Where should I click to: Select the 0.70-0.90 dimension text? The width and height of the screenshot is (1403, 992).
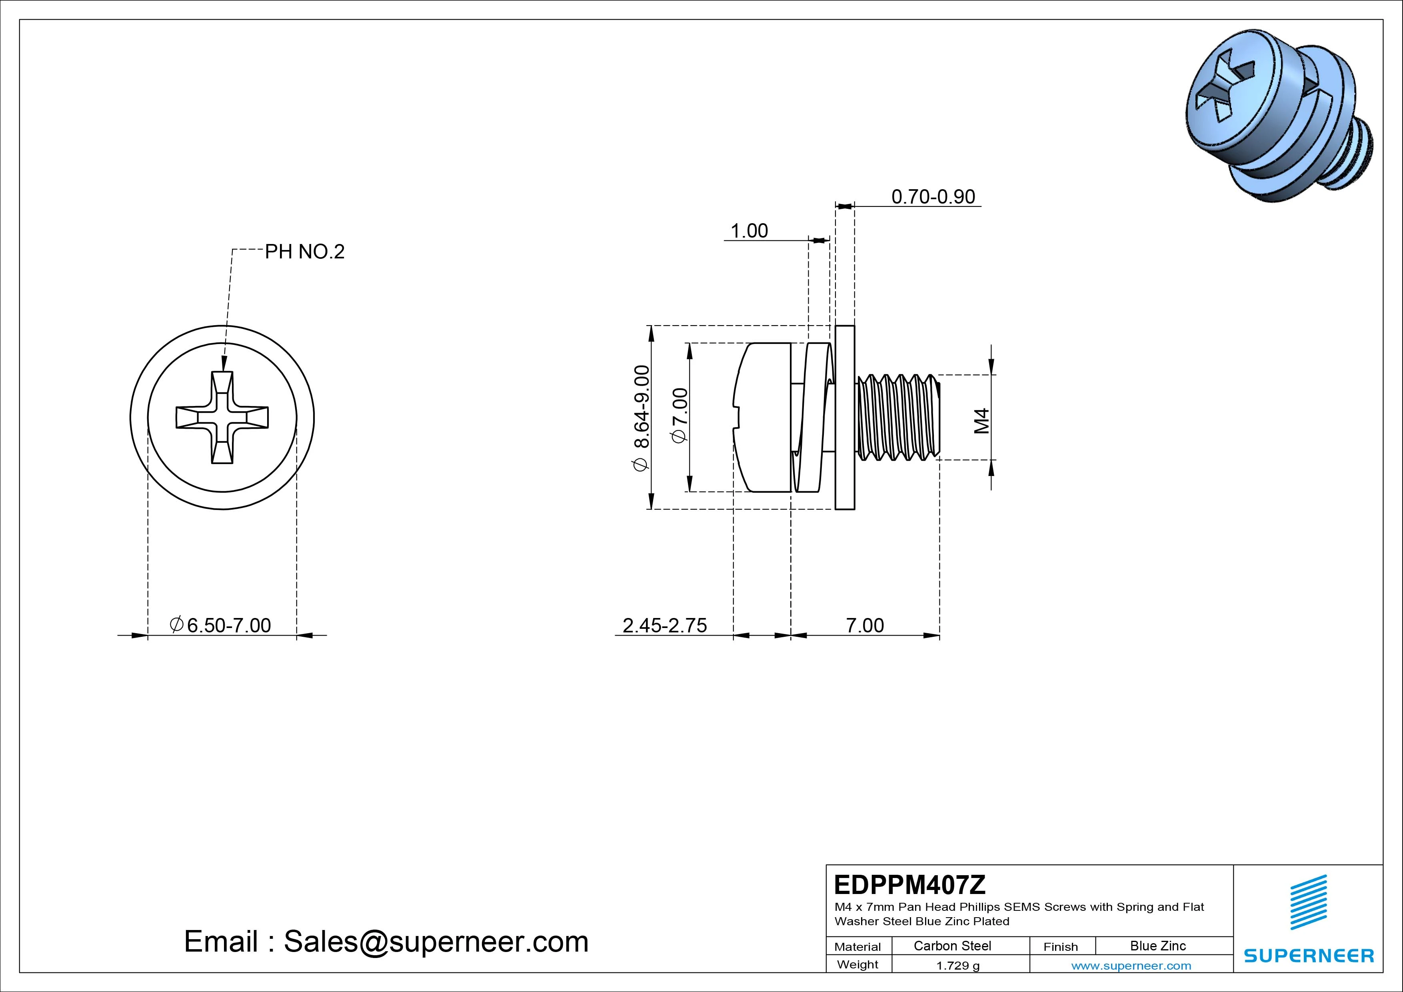coord(933,197)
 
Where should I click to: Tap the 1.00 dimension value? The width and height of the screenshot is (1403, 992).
coord(749,231)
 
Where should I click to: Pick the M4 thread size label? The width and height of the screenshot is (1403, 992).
coord(981,421)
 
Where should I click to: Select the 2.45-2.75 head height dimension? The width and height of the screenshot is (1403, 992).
coord(664,625)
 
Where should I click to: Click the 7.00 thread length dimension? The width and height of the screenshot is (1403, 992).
coord(865,625)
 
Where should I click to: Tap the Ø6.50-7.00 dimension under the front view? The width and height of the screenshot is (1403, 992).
coord(221,625)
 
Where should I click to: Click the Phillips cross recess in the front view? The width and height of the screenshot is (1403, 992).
coord(222,418)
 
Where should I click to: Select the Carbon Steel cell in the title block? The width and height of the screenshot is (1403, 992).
coord(952,946)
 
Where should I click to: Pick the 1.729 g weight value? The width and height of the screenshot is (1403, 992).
coord(957,966)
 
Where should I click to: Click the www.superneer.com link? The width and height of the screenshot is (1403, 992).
coord(1131,966)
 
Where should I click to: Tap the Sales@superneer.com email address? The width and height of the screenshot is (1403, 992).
coord(436,942)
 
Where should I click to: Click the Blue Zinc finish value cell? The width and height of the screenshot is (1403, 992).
coord(1158,946)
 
